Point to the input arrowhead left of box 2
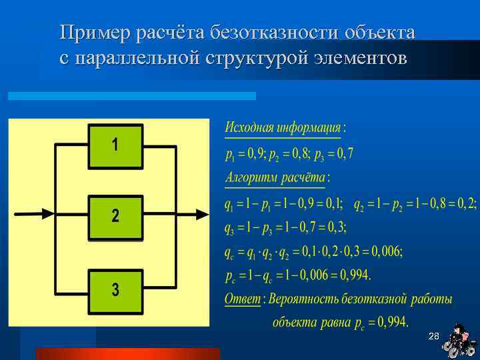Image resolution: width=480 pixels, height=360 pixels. (47, 213)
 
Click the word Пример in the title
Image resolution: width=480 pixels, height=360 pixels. (96, 32)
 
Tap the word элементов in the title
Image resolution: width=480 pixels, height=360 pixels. (359, 58)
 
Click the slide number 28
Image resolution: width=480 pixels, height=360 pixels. (433, 335)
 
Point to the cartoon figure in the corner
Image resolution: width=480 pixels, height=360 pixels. (459, 341)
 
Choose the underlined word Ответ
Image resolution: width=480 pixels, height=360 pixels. (242, 299)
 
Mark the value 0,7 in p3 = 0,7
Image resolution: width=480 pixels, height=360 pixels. (344, 154)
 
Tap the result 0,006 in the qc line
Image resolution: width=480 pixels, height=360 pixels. (387, 252)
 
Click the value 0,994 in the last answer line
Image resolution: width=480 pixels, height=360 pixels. (393, 323)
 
